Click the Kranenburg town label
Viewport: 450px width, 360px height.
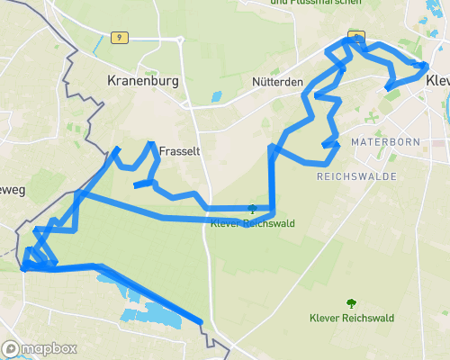coord(143,81)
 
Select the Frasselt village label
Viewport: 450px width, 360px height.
coord(173,152)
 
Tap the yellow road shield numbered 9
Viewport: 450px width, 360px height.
coord(117,38)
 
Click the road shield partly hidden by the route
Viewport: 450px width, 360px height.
coord(356,38)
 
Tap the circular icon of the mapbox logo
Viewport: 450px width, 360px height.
coord(12,348)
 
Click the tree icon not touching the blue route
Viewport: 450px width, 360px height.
coord(350,303)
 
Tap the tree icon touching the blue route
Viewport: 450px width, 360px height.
coord(251,208)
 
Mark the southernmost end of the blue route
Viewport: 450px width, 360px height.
coord(201,322)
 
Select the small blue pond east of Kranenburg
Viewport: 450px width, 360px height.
coord(215,95)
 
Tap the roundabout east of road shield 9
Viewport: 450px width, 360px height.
coord(180,40)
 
